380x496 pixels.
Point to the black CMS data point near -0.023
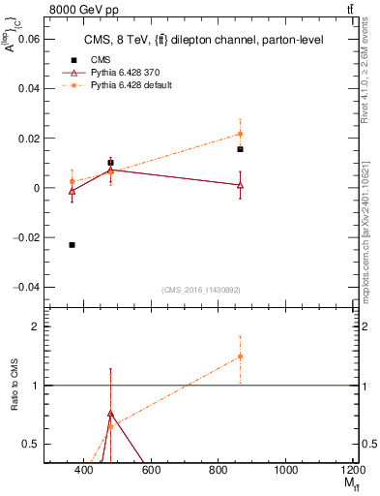(x=73, y=245)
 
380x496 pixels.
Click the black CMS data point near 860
(x=240, y=149)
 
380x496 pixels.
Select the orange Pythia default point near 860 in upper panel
(x=240, y=134)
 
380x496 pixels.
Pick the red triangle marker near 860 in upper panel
(x=240, y=184)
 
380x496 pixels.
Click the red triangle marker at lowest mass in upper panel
(x=73, y=191)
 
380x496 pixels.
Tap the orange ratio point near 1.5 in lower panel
(x=240, y=356)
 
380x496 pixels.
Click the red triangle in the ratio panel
(x=110, y=413)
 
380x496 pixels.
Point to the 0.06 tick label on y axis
(x=30, y=39)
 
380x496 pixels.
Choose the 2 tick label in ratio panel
(x=37, y=326)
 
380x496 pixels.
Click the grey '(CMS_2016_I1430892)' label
(x=201, y=291)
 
